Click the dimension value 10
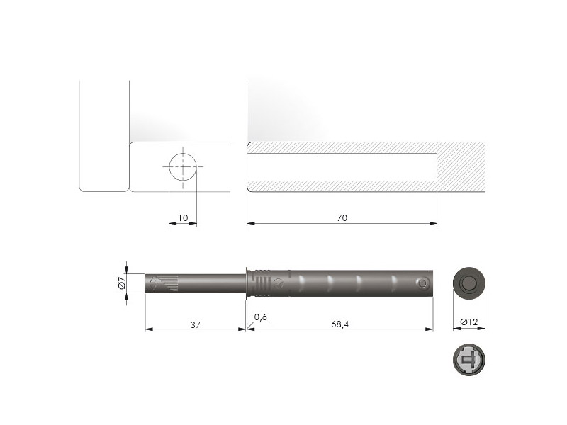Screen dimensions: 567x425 click(183, 218)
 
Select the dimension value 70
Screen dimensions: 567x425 click(342, 218)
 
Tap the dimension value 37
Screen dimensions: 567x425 click(196, 324)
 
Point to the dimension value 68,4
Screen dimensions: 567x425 click(340, 324)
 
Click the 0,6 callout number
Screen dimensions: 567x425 click(260, 317)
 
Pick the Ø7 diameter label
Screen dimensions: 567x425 click(122, 282)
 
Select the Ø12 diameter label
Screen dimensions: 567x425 click(468, 322)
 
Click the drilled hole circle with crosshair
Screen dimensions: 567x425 click(183, 167)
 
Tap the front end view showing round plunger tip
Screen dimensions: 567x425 click(469, 283)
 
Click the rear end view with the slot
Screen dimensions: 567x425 click(469, 360)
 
